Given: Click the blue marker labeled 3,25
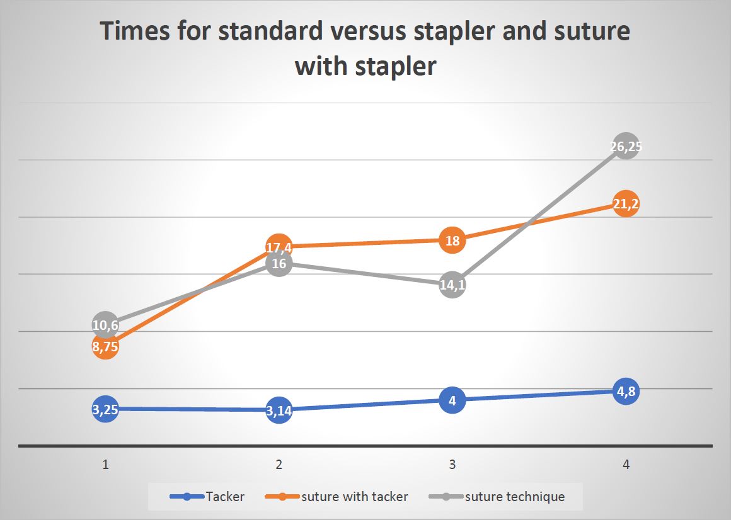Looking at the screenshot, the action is [105, 409].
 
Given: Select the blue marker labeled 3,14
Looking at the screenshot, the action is [279, 410].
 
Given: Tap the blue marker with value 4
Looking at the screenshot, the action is [452, 400].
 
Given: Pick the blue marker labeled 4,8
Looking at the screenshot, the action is [626, 391].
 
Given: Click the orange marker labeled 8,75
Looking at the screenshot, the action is [105, 346].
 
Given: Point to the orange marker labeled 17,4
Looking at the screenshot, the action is [279, 247].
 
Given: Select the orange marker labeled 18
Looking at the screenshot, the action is [452, 240].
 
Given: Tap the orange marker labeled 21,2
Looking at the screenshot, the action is [626, 203].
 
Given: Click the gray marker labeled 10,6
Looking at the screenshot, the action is [105, 324].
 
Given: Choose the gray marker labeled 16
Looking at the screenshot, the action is [279, 263].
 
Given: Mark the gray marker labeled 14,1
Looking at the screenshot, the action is [452, 285].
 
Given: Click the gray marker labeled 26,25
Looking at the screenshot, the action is [626, 145].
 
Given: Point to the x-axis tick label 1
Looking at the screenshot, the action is [105, 464].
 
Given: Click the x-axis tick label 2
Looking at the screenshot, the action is [279, 464].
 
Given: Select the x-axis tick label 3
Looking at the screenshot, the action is [452, 464].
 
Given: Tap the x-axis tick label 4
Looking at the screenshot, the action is [626, 464].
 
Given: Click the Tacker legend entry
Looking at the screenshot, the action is [207, 497].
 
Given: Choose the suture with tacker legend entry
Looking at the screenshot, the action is [337, 497].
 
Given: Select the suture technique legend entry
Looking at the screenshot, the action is [497, 497].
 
